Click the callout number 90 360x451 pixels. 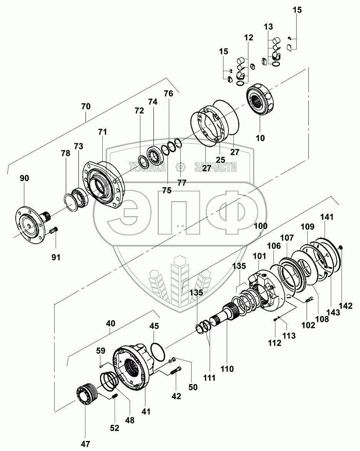pos(25,178)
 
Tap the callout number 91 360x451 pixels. pos(56,257)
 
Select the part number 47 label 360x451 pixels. pos(85,444)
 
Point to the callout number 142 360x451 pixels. pos(346,306)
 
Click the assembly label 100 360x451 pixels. pos(260,226)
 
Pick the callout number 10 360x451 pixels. pos(260,138)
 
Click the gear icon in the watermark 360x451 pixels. pos(180,166)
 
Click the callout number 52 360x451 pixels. pos(115,428)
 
